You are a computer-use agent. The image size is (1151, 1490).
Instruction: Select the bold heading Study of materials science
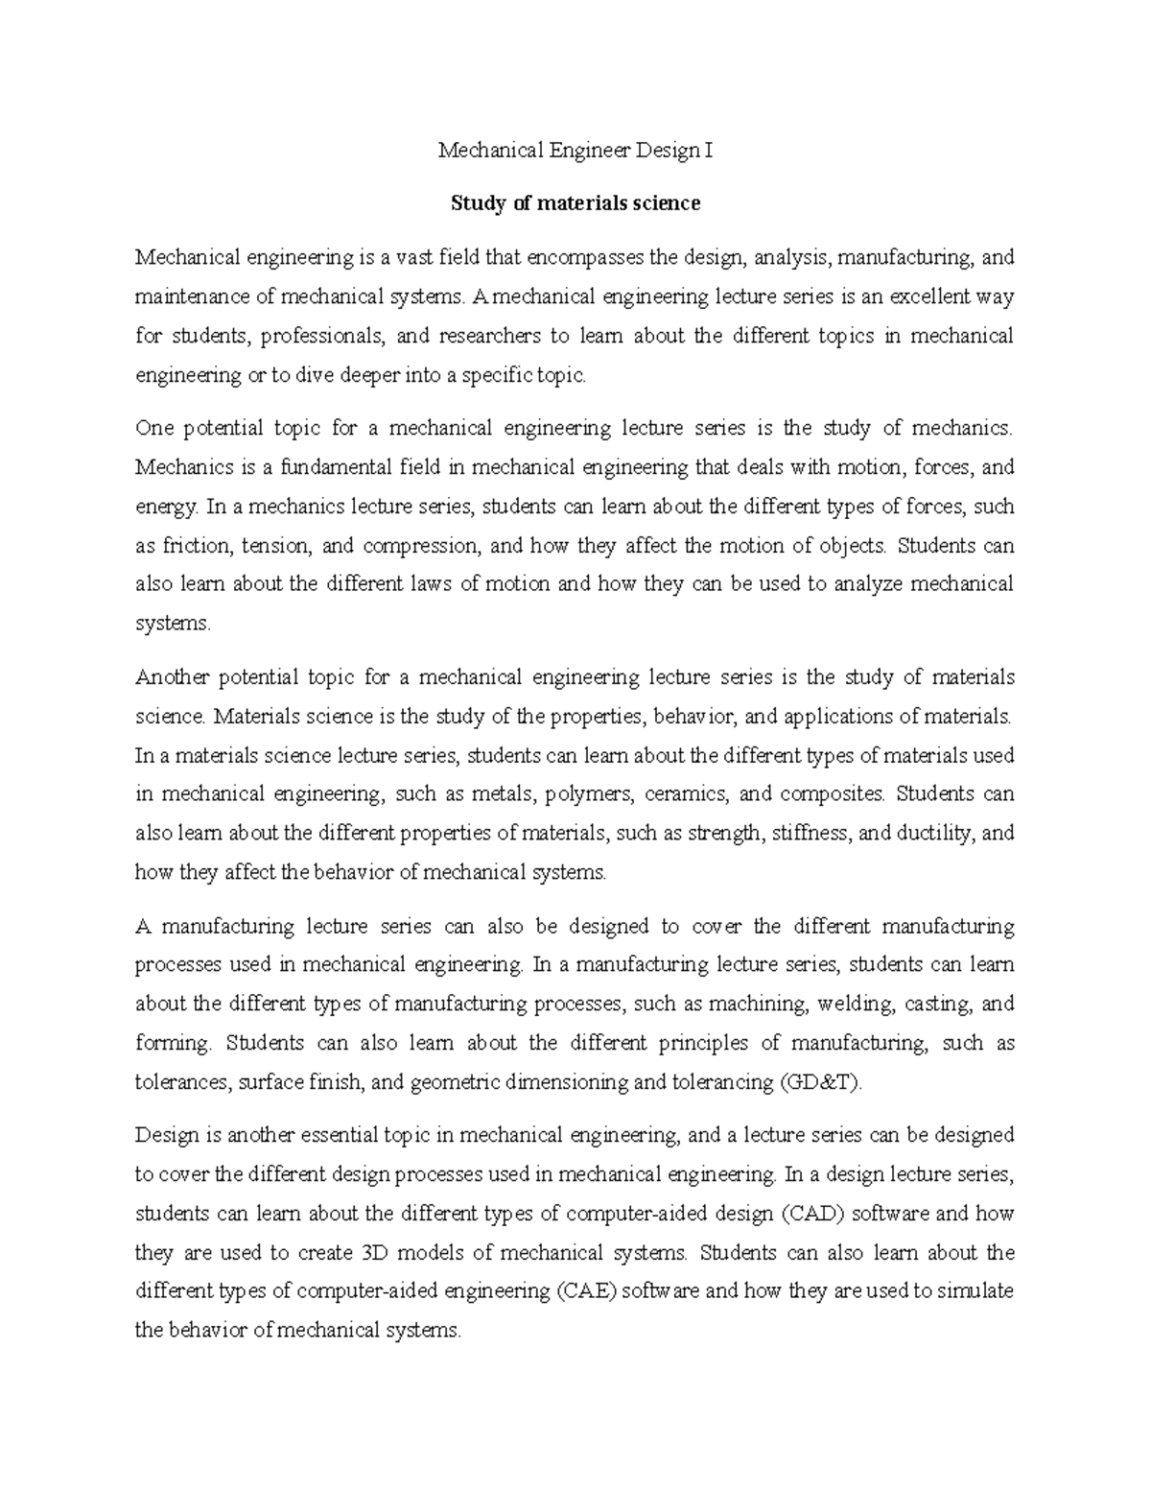[x=575, y=203]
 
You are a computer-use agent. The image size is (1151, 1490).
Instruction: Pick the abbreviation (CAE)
[x=585, y=1291]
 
